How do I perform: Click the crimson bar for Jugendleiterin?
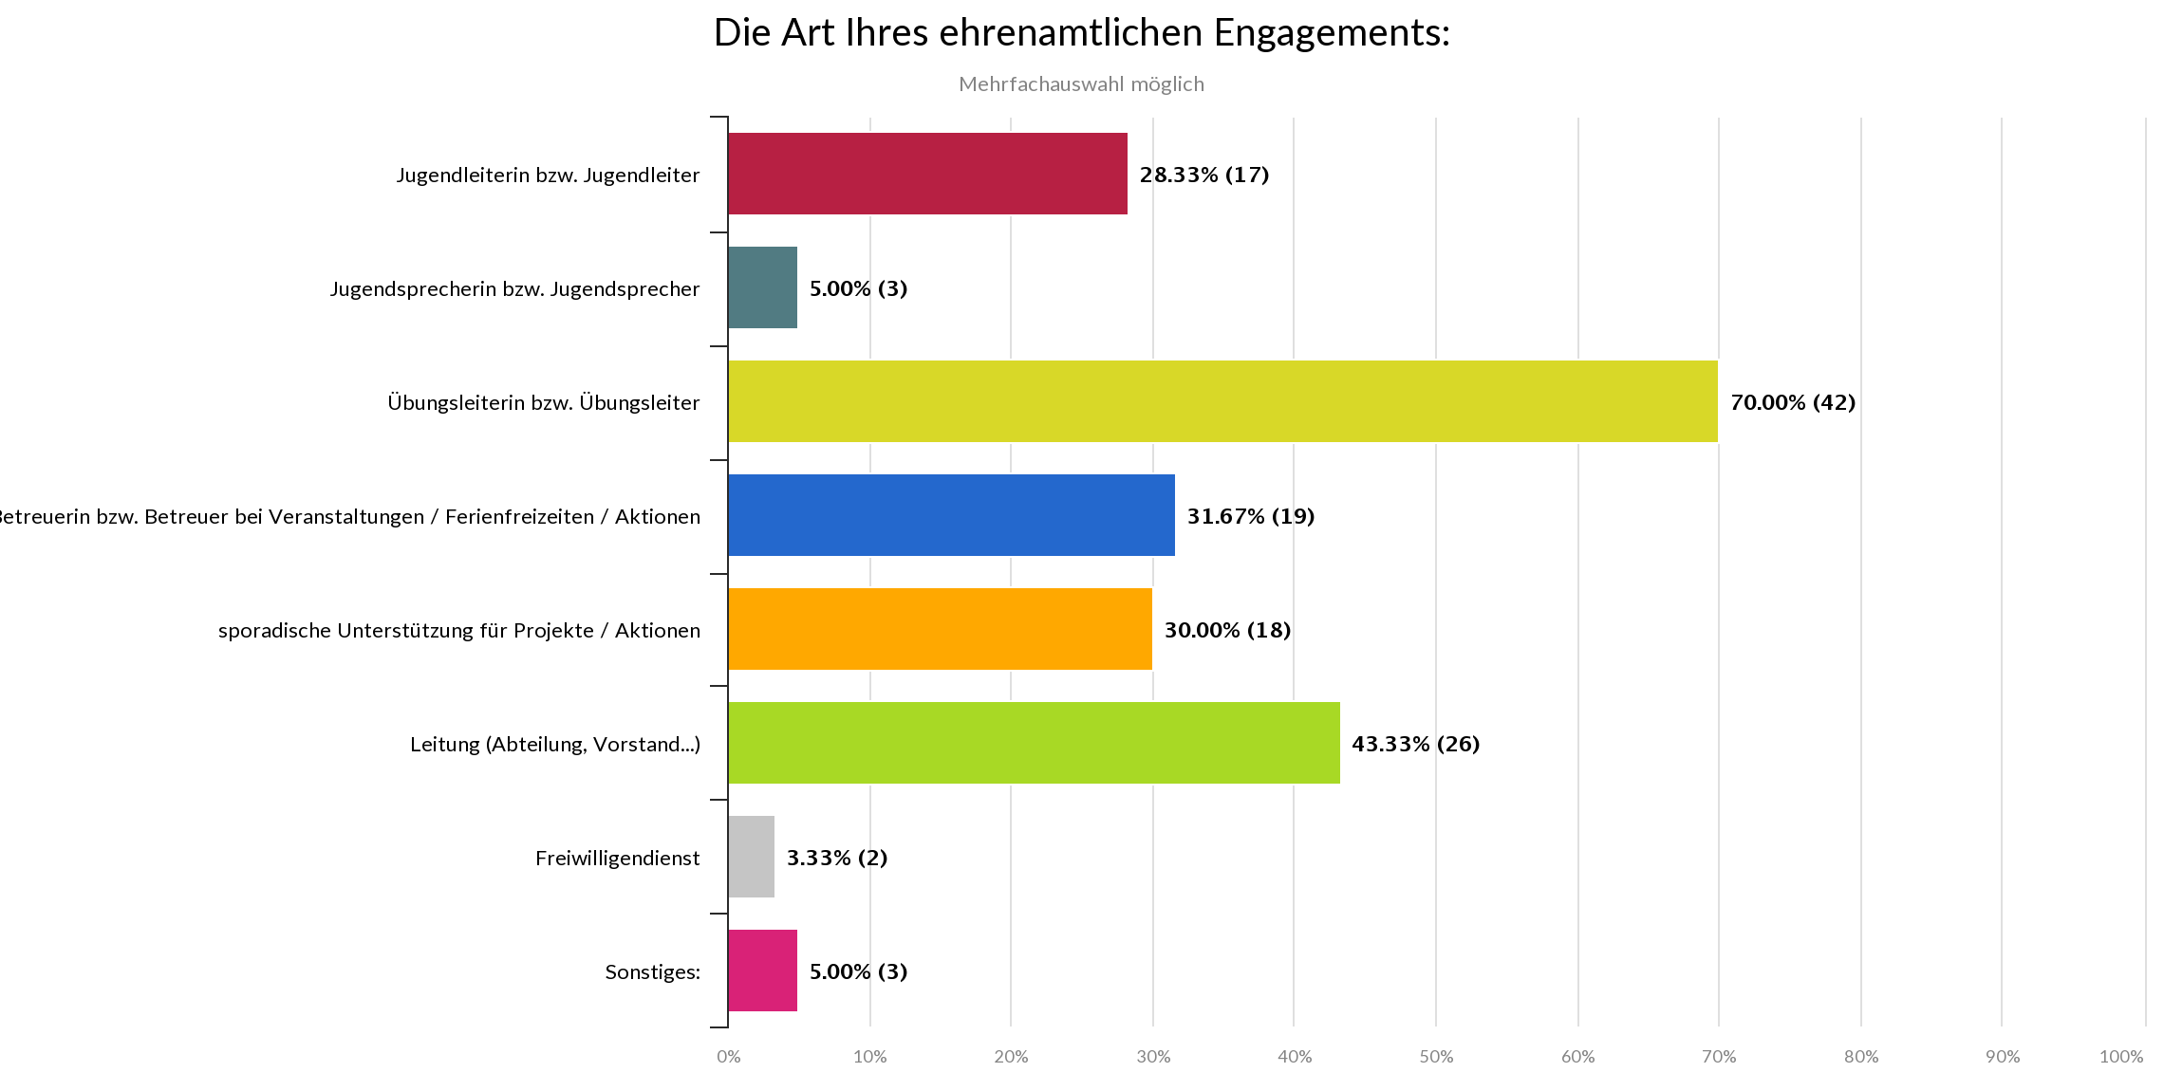[x=927, y=174]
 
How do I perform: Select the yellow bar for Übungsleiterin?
[x=1222, y=401]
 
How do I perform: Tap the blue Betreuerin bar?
[x=951, y=515]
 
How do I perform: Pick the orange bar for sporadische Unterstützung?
[x=940, y=629]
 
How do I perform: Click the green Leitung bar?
[x=1034, y=743]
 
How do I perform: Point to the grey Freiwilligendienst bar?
[x=752, y=857]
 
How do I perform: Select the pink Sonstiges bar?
[x=763, y=971]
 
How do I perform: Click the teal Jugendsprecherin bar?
[x=763, y=287]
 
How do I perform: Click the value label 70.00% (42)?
[x=1792, y=402]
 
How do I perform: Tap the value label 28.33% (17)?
[x=1203, y=175]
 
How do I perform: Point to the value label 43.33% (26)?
[x=1415, y=744]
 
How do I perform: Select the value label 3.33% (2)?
[x=836, y=858]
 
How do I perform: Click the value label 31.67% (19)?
[x=1250, y=516]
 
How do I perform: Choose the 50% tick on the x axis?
[x=1436, y=1057]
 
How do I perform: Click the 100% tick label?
[x=2120, y=1057]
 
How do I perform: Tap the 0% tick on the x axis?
[x=729, y=1057]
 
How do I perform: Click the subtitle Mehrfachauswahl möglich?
[x=1081, y=84]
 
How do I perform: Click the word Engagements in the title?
[x=1333, y=33]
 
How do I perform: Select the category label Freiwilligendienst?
[x=617, y=859]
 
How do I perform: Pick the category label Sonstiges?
[x=652, y=972]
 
